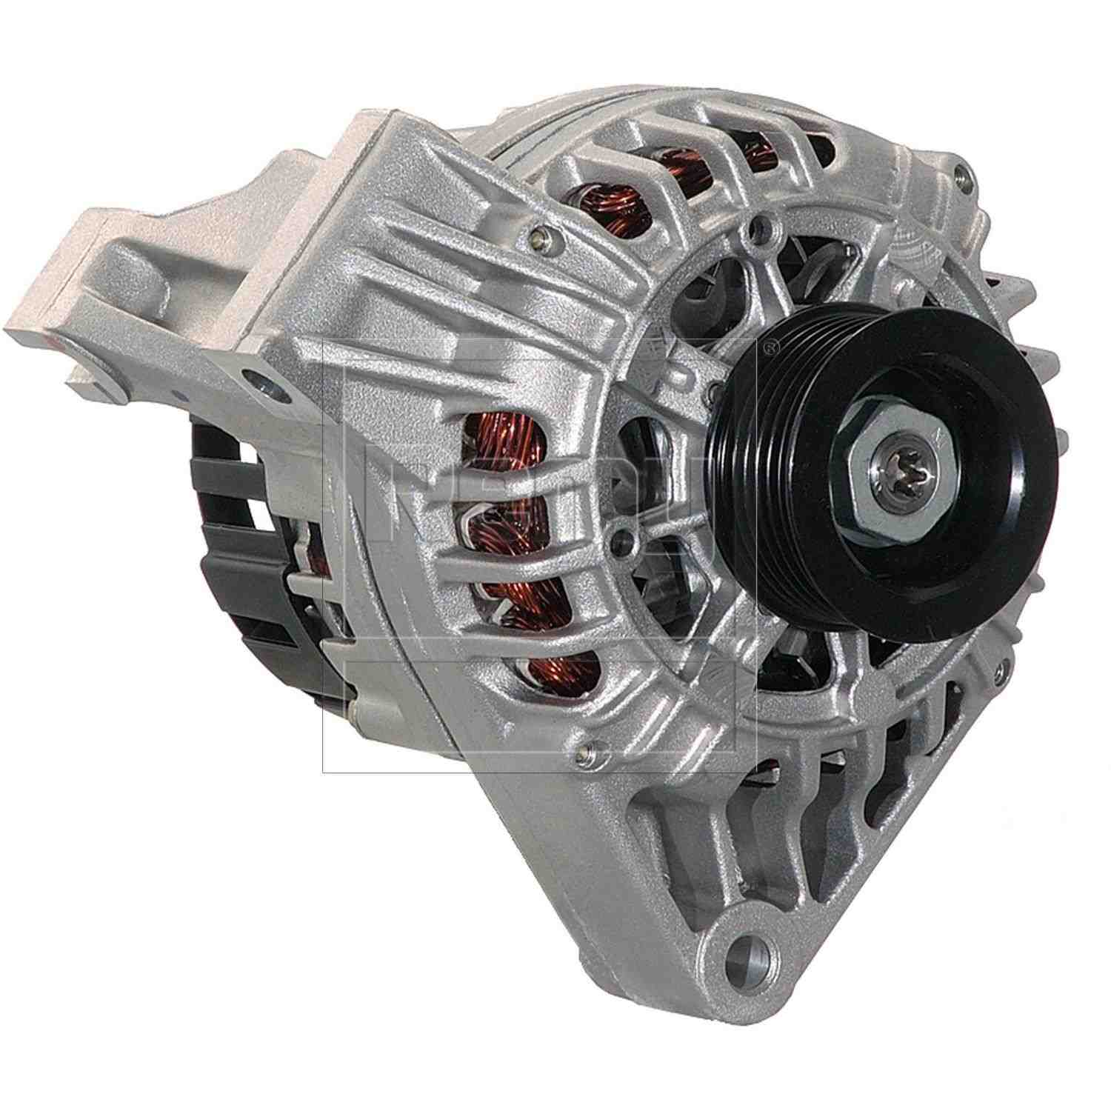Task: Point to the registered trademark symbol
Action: point(773,344)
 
